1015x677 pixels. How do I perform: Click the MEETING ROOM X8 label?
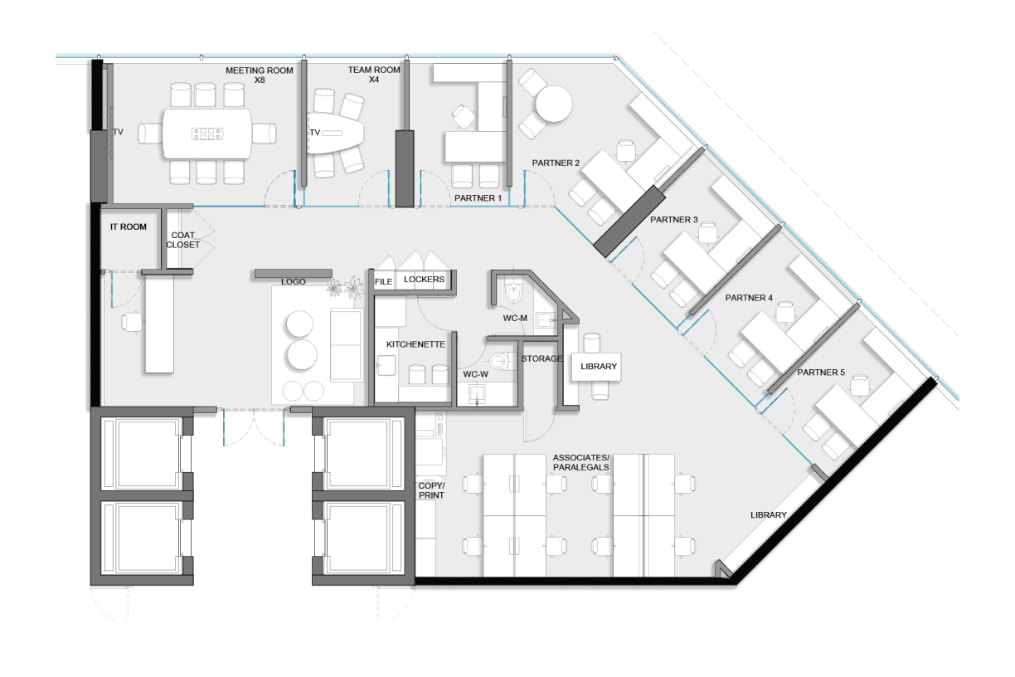(x=260, y=75)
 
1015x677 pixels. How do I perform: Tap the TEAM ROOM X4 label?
(x=374, y=75)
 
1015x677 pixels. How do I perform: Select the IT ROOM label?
(x=129, y=226)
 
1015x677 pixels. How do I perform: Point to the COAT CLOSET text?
(x=182, y=240)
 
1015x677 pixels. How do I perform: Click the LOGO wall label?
(x=294, y=281)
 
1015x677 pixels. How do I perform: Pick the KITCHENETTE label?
(x=415, y=344)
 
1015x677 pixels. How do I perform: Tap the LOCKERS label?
(x=424, y=280)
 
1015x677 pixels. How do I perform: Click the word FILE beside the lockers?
(x=383, y=281)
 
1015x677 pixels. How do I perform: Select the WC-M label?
(x=515, y=319)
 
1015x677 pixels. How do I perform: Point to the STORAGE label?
(x=541, y=358)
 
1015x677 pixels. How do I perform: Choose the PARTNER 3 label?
(x=674, y=220)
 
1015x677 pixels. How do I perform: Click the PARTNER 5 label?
(x=821, y=373)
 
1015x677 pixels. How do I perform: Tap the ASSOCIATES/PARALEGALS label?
(x=581, y=462)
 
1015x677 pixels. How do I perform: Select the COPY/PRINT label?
(x=431, y=490)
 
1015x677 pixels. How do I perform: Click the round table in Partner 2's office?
(x=554, y=104)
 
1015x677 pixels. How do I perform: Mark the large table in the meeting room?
(x=207, y=134)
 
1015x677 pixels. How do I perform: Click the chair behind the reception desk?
(x=131, y=322)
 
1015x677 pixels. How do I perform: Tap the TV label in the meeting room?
(x=118, y=132)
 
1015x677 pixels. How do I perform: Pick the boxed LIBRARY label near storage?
(x=599, y=367)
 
